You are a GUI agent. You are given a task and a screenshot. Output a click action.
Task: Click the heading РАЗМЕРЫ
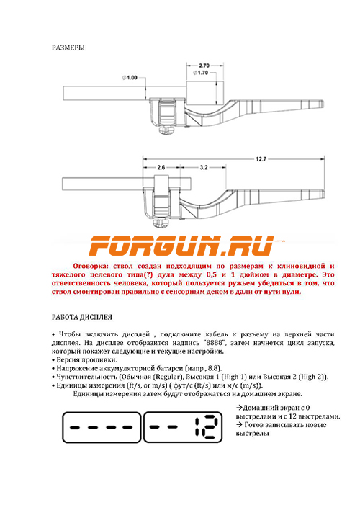pos(68,48)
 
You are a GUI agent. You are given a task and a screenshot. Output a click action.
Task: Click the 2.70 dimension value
pos(204,66)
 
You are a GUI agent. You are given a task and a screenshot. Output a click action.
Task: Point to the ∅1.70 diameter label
pos(201,73)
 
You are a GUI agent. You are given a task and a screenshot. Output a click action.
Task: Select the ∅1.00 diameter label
pos(130,78)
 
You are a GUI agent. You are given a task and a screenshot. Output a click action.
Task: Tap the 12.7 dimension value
pos(261,159)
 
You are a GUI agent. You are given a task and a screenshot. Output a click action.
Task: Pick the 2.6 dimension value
pos(161,168)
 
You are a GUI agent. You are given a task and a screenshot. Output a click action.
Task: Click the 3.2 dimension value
pos(204,168)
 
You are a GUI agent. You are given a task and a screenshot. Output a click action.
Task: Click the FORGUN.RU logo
pos(182,246)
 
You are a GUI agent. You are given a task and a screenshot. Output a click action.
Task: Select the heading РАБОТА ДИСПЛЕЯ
pos(82,317)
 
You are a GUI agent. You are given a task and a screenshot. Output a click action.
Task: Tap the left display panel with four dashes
pos(102,427)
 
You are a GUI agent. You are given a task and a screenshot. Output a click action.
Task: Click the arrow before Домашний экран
pos(239,408)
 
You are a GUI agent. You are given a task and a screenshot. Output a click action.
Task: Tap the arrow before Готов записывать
pos(239,425)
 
